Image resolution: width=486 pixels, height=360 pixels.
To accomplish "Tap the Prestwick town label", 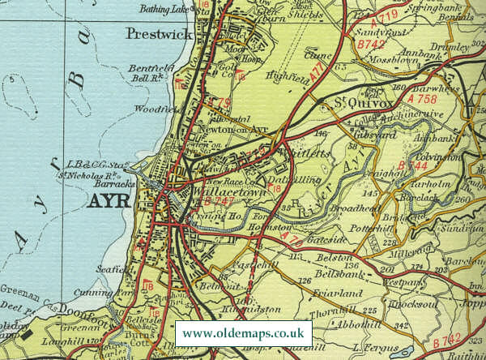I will click(x=158, y=34).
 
